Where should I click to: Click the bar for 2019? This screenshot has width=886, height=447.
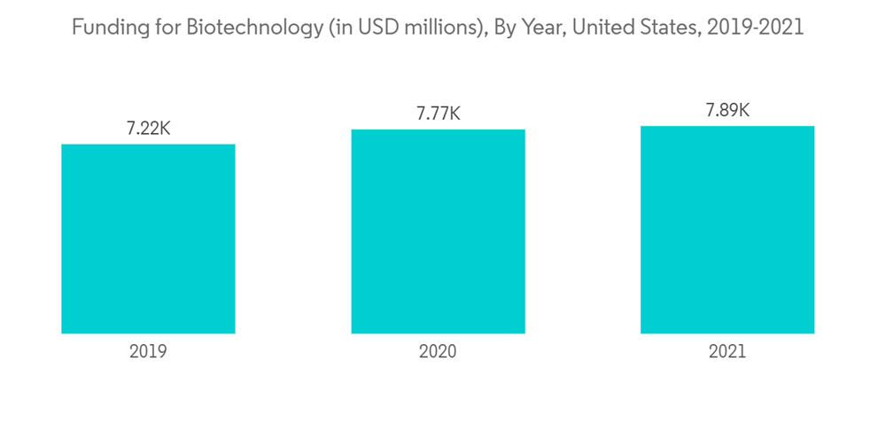point(148,239)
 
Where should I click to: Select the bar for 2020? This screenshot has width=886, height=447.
point(438,231)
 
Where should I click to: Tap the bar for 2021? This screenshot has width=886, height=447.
point(727,230)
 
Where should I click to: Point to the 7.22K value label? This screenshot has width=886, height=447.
point(148,129)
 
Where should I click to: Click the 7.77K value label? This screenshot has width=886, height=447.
point(438,114)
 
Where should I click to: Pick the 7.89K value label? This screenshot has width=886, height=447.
point(727,111)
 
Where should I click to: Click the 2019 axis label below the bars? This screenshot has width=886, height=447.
point(148,351)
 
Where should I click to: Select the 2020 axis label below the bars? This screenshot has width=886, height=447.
point(438,351)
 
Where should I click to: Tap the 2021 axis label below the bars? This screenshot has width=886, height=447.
point(727,351)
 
